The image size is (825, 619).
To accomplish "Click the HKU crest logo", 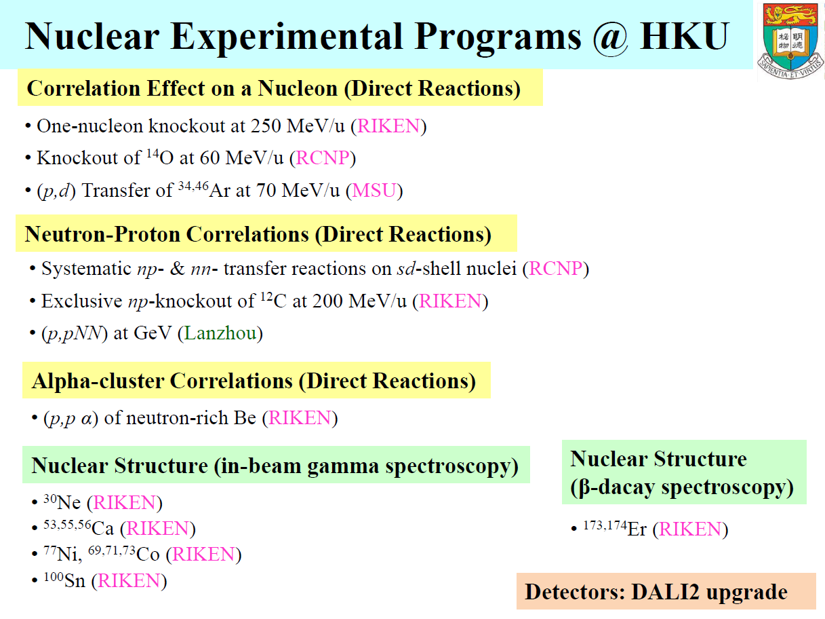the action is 790,41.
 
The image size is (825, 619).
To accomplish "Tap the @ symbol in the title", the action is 610,37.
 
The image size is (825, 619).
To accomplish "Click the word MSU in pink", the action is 374,191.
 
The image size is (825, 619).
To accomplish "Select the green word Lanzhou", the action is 220,333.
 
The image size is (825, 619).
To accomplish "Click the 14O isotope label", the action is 160,157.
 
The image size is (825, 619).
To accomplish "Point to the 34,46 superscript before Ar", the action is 193,186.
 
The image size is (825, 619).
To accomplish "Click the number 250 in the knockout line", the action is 265,126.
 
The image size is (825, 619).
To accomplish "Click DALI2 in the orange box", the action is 665,592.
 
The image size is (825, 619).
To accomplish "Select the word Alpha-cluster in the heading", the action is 98,381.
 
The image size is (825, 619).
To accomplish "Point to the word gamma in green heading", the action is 342,466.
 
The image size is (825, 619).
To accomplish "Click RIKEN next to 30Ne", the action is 125,502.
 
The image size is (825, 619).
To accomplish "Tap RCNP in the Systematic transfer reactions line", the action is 555,269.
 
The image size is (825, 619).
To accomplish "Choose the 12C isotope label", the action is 274,301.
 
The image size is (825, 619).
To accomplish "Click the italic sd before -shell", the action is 406,269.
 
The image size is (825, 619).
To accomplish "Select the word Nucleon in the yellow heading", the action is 298,88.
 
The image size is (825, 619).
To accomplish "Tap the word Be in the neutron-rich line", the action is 245,417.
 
